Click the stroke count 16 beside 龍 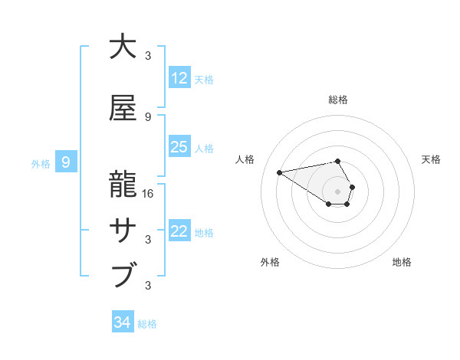(x=148, y=194)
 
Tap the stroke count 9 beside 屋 (x=148, y=117)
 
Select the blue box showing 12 (x=179, y=78)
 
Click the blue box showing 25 (x=179, y=147)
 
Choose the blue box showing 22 (x=179, y=232)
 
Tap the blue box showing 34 (x=122, y=322)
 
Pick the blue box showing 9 (x=66, y=162)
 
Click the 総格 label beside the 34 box (x=147, y=324)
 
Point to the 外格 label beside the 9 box (x=41, y=163)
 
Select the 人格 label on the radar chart (x=245, y=159)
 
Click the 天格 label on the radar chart (x=431, y=159)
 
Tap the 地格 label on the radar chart (x=402, y=262)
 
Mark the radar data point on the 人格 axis (x=279, y=172)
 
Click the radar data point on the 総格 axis (x=338, y=161)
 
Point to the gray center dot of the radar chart (x=338, y=191)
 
